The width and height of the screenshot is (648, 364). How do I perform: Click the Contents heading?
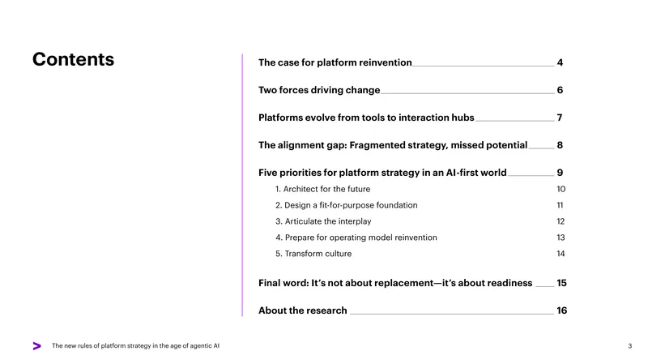[73, 59]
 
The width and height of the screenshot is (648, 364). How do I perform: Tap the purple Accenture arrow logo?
[36, 346]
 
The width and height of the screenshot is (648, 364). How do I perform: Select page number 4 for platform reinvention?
[560, 62]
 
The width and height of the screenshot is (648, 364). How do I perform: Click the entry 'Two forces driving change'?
[319, 90]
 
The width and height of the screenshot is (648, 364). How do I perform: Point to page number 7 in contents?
[560, 118]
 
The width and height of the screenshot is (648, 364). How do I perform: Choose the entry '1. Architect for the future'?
[322, 189]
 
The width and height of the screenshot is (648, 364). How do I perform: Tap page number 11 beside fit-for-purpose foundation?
[560, 205]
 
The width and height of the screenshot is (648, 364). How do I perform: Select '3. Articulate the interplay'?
[323, 221]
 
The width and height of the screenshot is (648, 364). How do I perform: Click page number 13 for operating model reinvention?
[561, 238]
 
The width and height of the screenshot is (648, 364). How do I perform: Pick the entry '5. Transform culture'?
[313, 254]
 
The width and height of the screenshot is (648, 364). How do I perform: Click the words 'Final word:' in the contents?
[283, 283]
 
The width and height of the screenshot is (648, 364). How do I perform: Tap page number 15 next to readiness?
[561, 283]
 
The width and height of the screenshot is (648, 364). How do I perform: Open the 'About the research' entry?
[302, 310]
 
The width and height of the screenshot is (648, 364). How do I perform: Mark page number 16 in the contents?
[561, 310]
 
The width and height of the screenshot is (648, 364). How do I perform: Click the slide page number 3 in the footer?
[630, 346]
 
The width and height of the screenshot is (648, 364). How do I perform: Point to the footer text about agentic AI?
[135, 346]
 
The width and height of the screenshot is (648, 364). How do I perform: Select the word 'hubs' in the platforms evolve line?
[463, 118]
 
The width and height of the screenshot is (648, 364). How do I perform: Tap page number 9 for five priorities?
[560, 173]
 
